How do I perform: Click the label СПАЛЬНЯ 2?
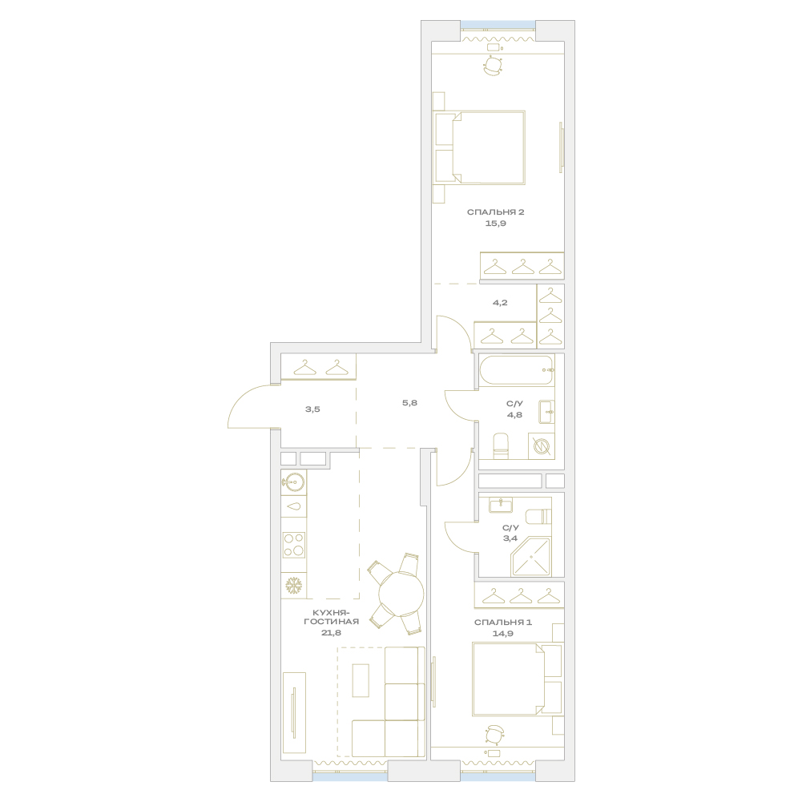point(495,212)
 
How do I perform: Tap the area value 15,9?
point(495,223)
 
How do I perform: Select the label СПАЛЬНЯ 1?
point(503,622)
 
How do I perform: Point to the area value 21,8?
point(331,632)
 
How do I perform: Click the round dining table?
point(401,594)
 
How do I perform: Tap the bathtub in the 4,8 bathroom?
point(517,370)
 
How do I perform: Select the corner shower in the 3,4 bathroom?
point(531,557)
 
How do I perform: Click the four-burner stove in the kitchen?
point(294,544)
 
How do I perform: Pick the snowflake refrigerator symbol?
point(293,586)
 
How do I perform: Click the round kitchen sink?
point(293,482)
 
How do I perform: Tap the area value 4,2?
point(500,302)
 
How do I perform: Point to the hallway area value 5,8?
point(409,402)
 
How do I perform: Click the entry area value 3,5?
point(312,409)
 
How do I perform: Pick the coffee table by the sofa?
point(361,679)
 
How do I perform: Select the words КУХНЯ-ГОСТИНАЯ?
point(331,617)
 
